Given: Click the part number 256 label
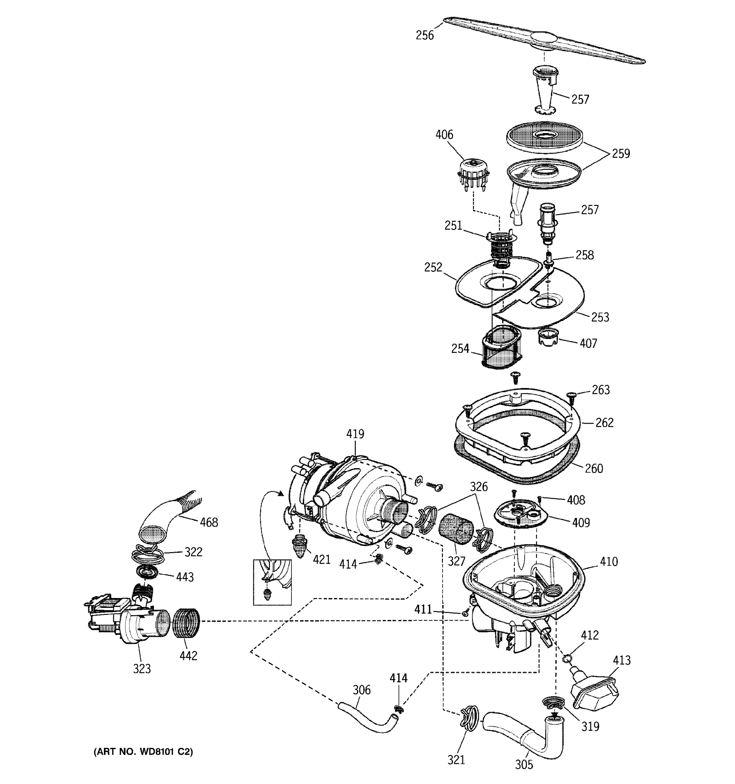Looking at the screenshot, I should (x=424, y=36).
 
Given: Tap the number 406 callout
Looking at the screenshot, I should (x=444, y=135).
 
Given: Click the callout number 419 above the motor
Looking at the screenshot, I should (x=355, y=434).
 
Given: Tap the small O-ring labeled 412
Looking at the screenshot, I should (x=567, y=658).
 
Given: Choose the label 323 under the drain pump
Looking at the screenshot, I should (x=141, y=668).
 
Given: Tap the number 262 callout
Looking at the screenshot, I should (x=604, y=423).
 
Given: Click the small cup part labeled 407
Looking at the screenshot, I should (x=548, y=338).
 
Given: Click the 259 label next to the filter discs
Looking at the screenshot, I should (x=621, y=154).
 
